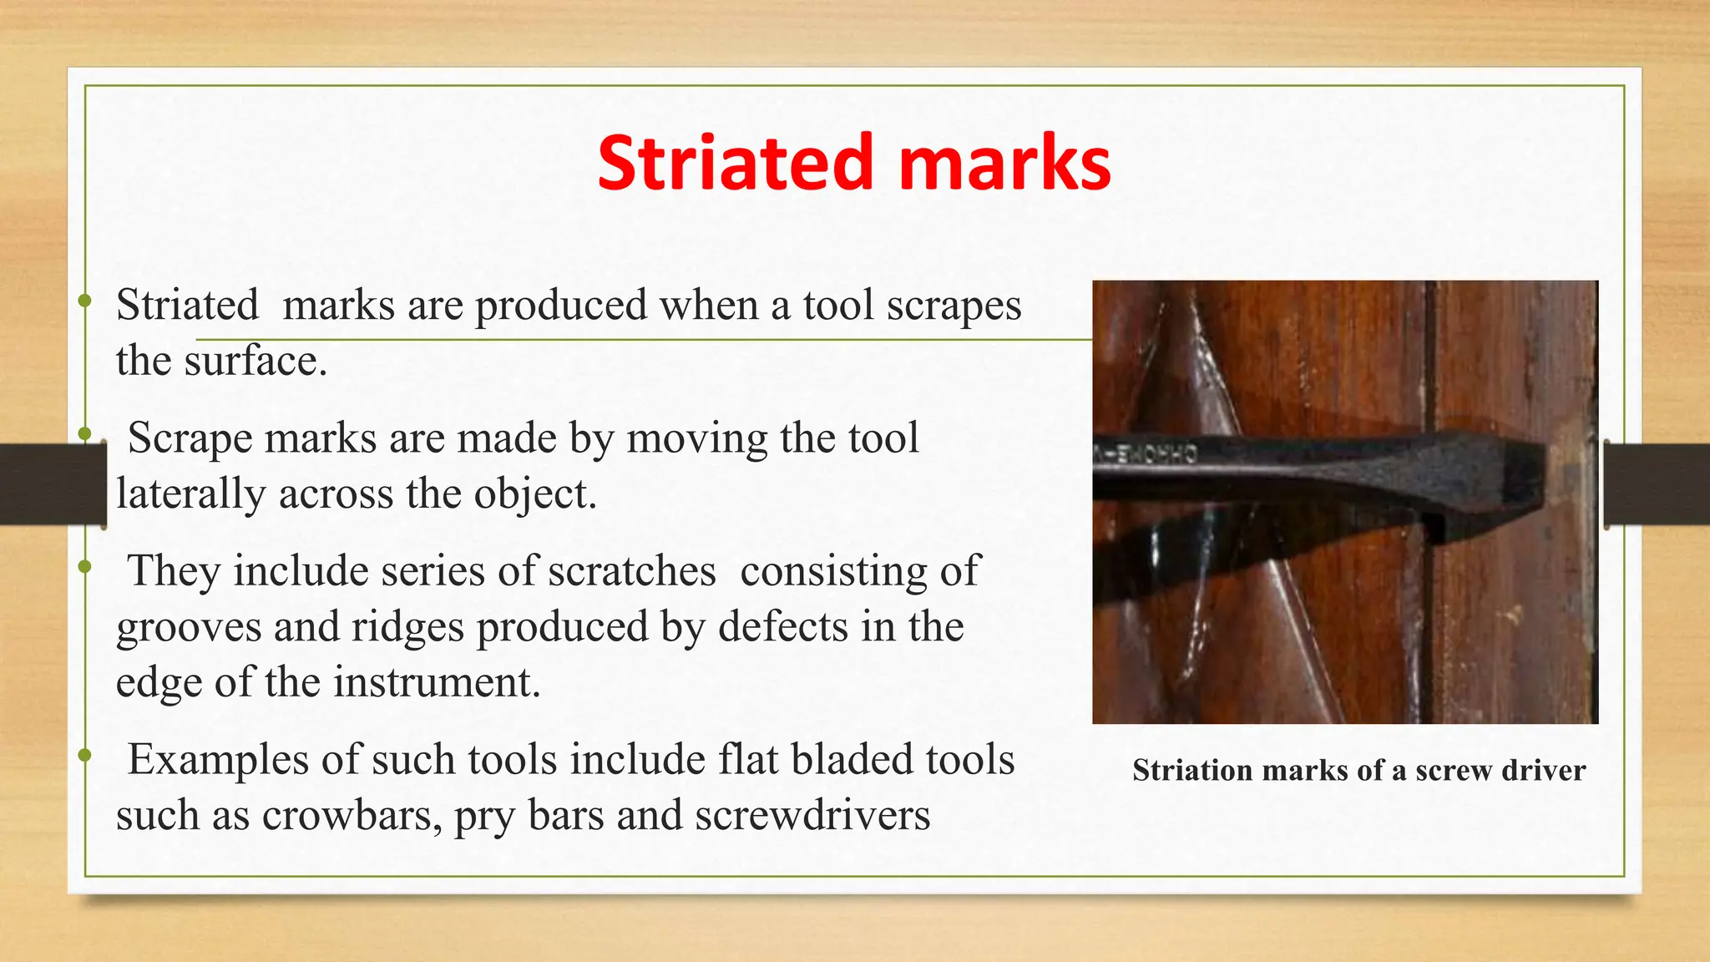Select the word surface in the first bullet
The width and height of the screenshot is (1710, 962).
click(x=255, y=361)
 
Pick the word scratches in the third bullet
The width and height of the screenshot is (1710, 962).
click(x=632, y=572)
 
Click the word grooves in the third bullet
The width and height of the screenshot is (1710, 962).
click(x=188, y=628)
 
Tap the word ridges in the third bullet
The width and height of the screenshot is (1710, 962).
click(x=407, y=626)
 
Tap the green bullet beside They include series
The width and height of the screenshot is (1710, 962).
click(x=83, y=568)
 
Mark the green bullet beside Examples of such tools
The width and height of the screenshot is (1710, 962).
click(x=83, y=756)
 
